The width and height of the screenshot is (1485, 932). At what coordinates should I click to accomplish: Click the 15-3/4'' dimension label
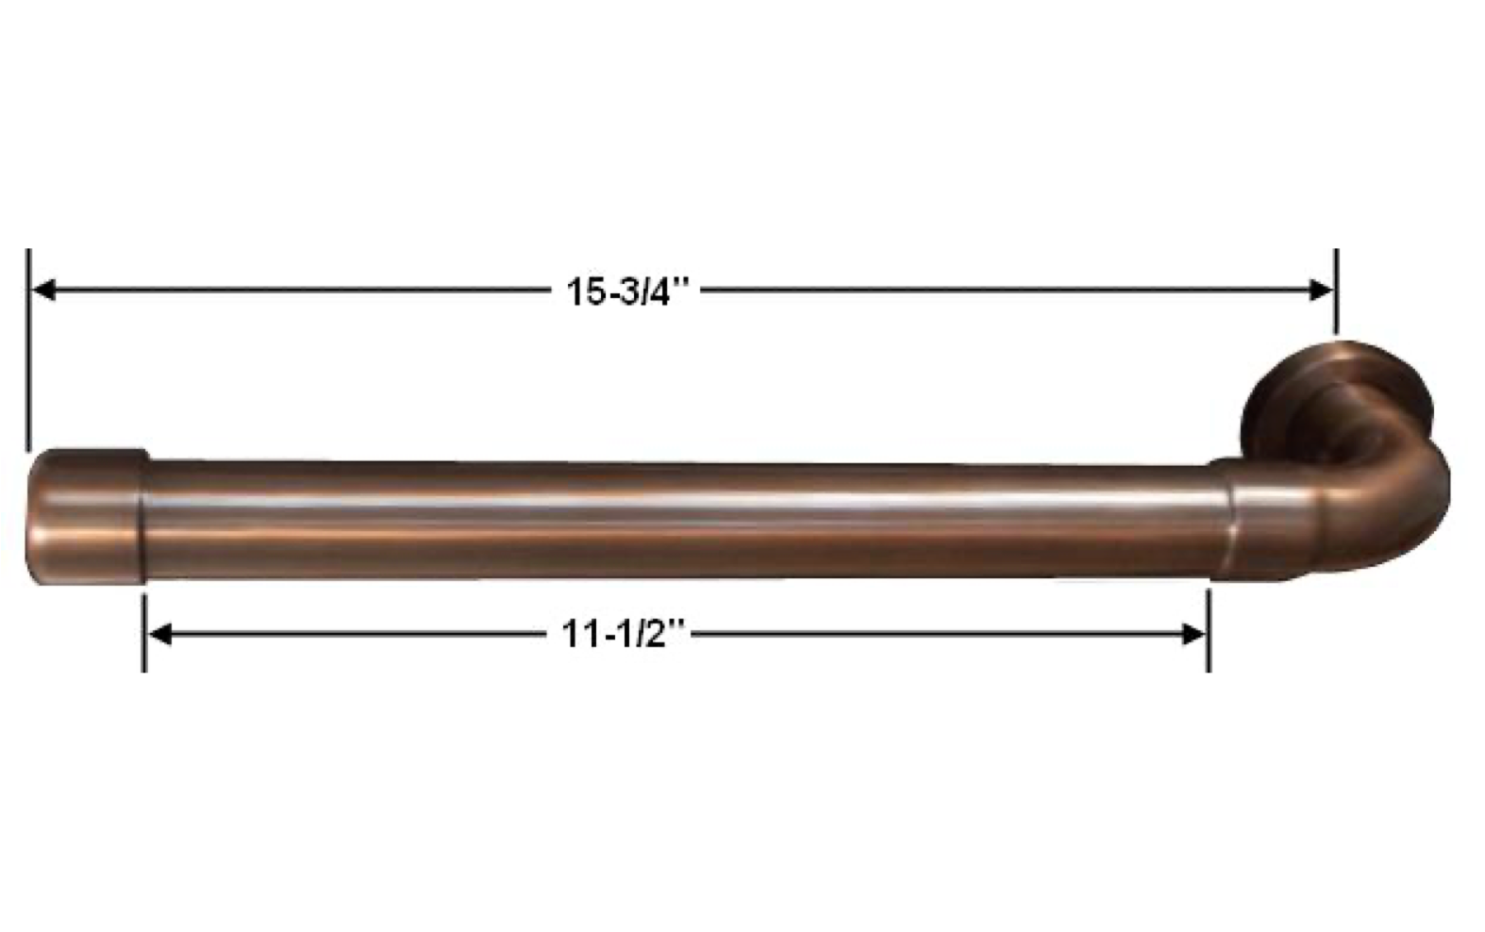(x=627, y=291)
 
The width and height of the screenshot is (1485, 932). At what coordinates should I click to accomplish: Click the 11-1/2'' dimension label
(x=623, y=634)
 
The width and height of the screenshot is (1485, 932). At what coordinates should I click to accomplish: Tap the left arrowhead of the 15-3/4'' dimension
(x=43, y=290)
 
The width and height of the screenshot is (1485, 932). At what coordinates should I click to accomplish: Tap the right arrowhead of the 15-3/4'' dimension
(x=1320, y=290)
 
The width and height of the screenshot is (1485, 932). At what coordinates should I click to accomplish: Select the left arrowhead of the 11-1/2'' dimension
(x=160, y=634)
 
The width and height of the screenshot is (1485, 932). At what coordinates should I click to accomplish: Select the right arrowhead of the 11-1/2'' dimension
(x=1193, y=634)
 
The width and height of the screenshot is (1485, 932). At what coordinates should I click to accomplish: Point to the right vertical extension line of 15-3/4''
(x=1336, y=291)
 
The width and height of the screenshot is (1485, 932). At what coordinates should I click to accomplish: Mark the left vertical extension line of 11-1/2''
(x=144, y=633)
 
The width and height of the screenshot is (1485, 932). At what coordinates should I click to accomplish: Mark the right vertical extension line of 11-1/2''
(x=1209, y=631)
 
